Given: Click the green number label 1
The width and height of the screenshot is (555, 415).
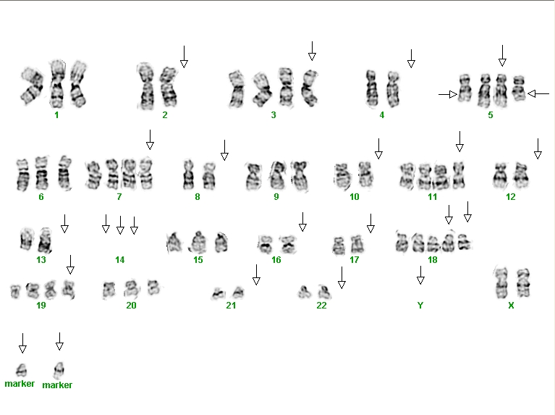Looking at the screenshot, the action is [56, 115].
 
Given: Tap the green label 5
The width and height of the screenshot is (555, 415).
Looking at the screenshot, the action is [490, 115].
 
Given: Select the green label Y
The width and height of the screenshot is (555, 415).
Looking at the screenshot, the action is [420, 305].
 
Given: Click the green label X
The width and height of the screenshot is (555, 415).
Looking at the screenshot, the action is [511, 305].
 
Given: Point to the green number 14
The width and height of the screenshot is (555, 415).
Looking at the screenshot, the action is [119, 260].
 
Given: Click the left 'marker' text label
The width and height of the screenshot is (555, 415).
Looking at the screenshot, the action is [20, 383].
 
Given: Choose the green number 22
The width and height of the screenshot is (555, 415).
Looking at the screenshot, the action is [321, 305].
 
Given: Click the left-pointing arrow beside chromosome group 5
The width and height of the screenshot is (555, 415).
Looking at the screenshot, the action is [538, 94].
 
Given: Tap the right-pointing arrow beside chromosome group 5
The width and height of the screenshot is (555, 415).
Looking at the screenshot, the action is [448, 94].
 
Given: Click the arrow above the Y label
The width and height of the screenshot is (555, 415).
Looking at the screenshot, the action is [420, 275].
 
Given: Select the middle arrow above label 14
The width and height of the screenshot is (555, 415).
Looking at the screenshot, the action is [120, 225].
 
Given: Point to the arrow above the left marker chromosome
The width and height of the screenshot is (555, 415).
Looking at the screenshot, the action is [22, 343].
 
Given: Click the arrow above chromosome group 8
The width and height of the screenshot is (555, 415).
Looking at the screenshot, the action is [224, 150].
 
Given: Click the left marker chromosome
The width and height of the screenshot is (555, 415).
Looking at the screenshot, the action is [22, 370].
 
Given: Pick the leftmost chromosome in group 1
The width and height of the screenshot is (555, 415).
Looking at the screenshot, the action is [32, 86].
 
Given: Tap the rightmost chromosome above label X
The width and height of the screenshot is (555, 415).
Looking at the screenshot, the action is [523, 282].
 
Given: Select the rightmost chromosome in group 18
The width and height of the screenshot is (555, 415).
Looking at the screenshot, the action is [465, 242].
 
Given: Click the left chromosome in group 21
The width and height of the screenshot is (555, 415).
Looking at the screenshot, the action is [219, 293].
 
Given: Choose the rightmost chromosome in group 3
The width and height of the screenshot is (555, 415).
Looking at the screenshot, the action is [310, 88].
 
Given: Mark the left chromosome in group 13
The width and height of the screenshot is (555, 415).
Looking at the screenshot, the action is [26, 238].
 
